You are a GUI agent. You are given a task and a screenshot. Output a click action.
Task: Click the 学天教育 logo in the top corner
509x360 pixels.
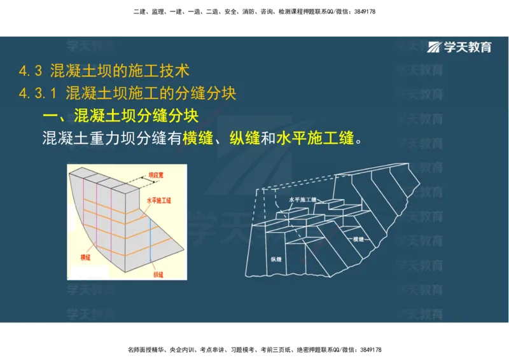[x=459, y=47]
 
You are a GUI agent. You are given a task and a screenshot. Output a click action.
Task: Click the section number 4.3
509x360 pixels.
[x=31, y=70]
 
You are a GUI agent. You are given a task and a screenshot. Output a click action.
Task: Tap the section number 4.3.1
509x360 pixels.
[x=39, y=93]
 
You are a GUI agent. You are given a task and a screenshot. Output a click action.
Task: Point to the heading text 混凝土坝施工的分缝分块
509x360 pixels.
[x=151, y=93]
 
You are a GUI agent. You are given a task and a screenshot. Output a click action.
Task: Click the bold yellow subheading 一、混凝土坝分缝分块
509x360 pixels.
[x=120, y=116]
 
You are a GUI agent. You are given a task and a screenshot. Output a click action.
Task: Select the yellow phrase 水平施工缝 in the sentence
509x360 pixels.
[x=315, y=138]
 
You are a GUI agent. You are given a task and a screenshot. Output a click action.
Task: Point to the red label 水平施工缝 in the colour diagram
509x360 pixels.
[x=159, y=200]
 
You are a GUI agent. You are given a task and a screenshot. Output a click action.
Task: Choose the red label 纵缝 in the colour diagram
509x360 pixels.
[x=158, y=274]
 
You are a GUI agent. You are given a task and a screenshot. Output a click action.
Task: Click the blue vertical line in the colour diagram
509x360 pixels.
[x=151, y=242]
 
